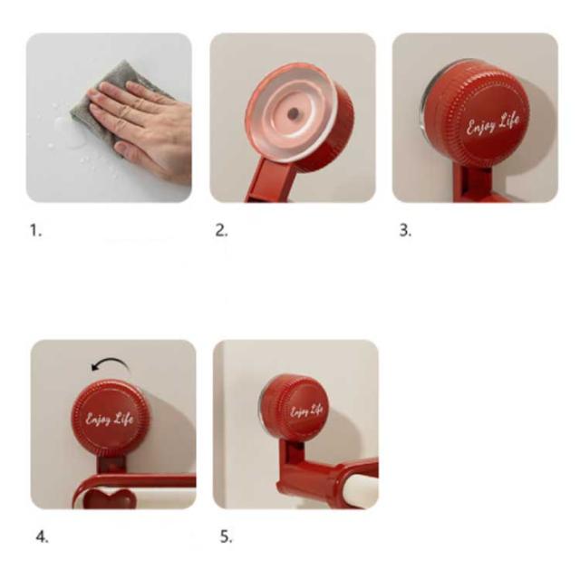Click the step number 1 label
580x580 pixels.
click(x=35, y=231)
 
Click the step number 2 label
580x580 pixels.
click(x=221, y=231)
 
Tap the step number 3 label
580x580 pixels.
click(x=405, y=231)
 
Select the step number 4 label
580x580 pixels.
click(x=43, y=536)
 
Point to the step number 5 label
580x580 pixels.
click(x=227, y=536)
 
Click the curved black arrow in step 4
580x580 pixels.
click(x=111, y=361)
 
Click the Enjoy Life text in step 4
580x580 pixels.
click(x=110, y=419)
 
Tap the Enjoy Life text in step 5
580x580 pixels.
click(x=306, y=411)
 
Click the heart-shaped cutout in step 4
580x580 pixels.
click(x=110, y=498)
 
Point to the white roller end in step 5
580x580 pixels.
click(x=361, y=489)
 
